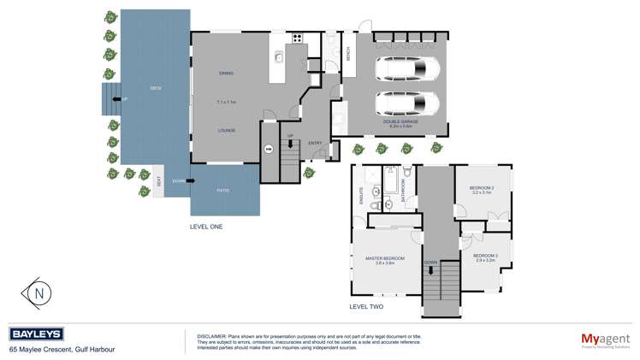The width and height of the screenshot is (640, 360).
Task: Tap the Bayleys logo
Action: coord(32,334)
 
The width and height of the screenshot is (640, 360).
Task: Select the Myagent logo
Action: coord(599,339)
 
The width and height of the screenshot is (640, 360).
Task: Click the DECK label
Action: coord(155,88)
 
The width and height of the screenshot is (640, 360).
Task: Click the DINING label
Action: coord(226,73)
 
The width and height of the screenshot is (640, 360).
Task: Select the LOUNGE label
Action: coord(226,130)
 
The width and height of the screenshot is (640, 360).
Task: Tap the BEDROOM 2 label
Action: coord(482,188)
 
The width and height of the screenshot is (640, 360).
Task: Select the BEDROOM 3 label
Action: coord(485,255)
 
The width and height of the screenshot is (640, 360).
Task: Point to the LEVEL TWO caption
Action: coord(366,305)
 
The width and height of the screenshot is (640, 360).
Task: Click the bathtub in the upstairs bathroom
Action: coord(393,182)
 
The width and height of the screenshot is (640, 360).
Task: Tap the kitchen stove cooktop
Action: coord(296,37)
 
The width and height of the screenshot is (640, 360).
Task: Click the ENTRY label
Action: coord(314,143)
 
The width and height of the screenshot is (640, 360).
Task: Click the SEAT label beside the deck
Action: coord(159,181)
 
